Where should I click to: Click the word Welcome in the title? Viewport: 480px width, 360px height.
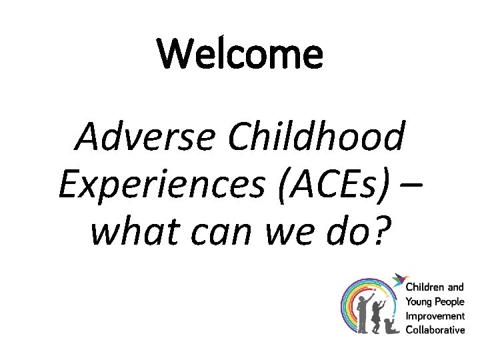pos(240,55)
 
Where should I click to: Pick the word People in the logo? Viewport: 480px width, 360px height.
pos(449,302)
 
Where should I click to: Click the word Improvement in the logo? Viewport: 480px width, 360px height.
pos(435,315)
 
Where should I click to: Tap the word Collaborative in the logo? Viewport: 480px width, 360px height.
pos(435,329)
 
